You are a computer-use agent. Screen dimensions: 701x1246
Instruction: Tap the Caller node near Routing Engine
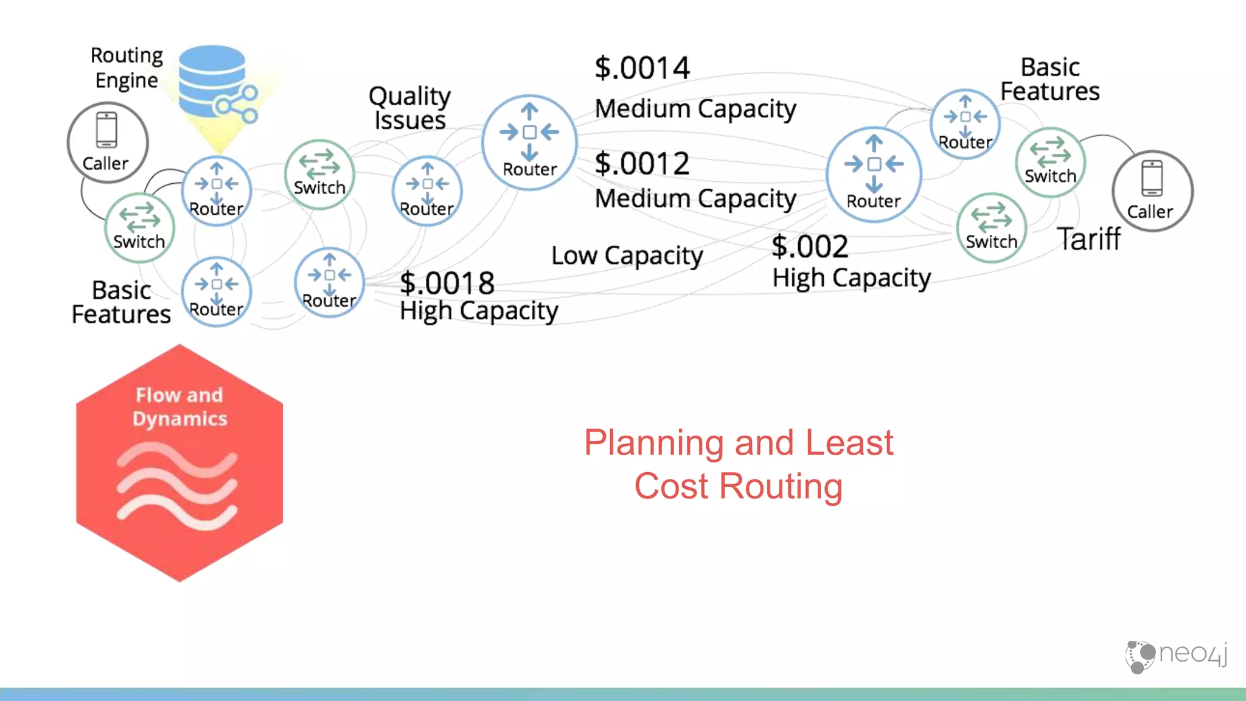coord(107,142)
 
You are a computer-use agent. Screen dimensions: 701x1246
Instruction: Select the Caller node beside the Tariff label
coord(1152,190)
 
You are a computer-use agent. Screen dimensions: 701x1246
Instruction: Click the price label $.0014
coord(642,68)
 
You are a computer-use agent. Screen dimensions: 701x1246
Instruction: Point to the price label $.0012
coord(642,164)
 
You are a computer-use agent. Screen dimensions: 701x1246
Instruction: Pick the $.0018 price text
coord(447,283)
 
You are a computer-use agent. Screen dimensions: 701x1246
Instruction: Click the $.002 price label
coord(810,246)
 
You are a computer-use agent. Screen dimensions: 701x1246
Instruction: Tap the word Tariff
coord(1088,239)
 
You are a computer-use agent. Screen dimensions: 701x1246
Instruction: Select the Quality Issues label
coord(409,108)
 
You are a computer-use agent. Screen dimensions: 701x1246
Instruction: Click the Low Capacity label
coord(627,256)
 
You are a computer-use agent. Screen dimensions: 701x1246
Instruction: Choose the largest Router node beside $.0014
coord(529,142)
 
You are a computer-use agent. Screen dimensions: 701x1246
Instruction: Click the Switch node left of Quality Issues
coord(319,174)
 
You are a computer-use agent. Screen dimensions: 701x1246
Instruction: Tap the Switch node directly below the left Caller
coord(139,228)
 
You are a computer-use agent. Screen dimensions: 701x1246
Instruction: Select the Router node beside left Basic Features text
coord(217,291)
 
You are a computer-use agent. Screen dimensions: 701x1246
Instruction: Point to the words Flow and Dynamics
coord(179,406)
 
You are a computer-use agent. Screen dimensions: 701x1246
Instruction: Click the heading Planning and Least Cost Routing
coord(738,464)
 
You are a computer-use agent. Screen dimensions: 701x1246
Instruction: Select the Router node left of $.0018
coord(329,282)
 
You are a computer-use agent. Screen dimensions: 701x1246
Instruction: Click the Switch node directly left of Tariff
coord(991,228)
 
